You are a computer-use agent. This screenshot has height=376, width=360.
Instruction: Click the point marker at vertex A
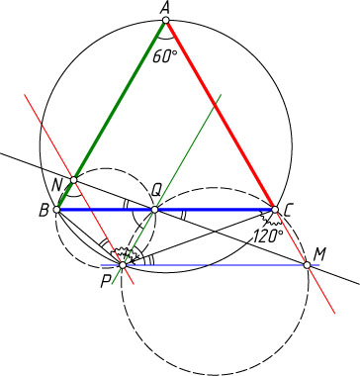(x=166, y=21)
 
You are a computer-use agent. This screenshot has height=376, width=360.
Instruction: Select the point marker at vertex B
(x=56, y=210)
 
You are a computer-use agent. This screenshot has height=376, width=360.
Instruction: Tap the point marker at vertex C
(x=275, y=210)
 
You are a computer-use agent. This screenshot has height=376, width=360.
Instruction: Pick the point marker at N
(x=74, y=180)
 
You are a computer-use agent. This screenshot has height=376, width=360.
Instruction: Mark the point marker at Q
(x=154, y=210)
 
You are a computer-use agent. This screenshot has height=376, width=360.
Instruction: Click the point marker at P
(x=123, y=265)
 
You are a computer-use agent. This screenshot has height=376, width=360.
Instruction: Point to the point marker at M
(x=307, y=265)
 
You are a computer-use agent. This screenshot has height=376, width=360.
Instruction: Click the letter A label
(x=165, y=8)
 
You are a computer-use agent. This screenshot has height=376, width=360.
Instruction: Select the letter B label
(x=44, y=211)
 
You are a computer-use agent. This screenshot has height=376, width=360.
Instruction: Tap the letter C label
(x=287, y=211)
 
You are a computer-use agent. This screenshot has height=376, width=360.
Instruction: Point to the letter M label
(x=318, y=254)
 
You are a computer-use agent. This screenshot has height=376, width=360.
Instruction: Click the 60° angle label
(x=164, y=56)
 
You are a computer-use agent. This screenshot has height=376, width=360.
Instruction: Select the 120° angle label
(x=268, y=236)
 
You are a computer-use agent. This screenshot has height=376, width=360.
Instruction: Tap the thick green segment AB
(x=112, y=115)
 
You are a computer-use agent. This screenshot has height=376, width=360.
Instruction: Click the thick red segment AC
(x=221, y=115)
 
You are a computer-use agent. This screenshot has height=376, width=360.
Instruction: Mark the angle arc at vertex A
(x=166, y=39)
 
